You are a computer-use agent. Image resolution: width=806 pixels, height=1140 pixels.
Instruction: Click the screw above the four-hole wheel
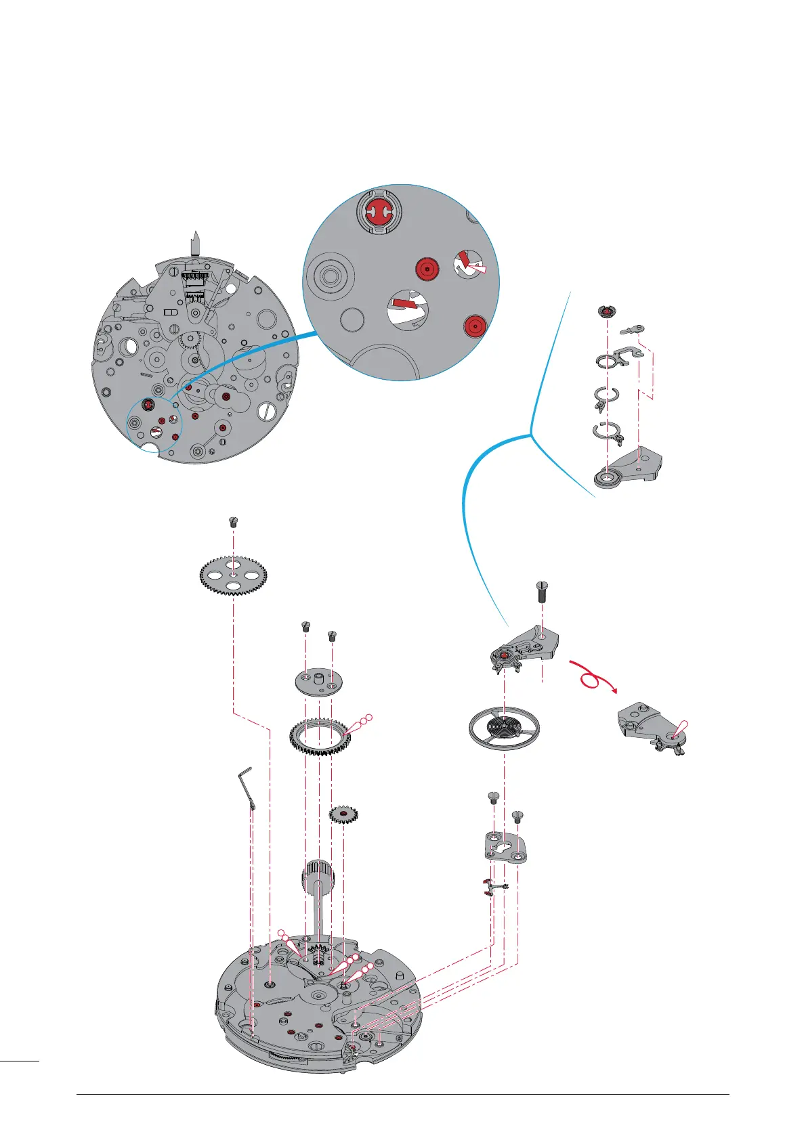(234, 522)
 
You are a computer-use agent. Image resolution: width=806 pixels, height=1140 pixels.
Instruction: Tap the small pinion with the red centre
(343, 814)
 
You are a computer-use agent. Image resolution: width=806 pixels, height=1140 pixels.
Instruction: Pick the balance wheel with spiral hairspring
(503, 728)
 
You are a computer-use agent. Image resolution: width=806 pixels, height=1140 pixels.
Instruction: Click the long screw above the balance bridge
(542, 592)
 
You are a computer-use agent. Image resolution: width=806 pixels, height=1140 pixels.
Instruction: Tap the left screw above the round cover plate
(305, 628)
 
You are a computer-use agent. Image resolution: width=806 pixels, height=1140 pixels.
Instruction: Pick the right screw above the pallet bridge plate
(517, 816)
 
